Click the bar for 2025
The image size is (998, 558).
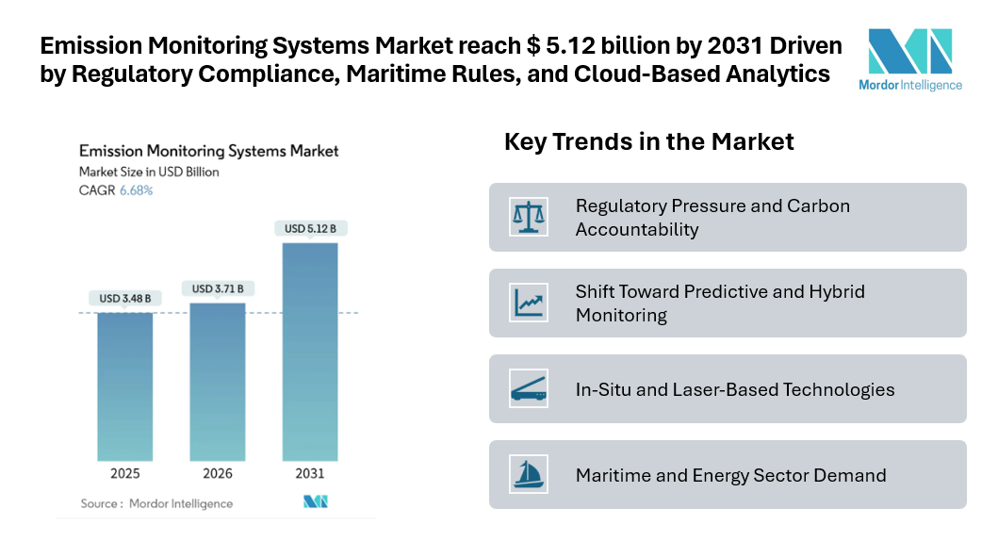pyautogui.click(x=125, y=386)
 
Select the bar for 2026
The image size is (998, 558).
pyautogui.click(x=218, y=382)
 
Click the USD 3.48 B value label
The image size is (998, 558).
pyautogui.click(x=125, y=299)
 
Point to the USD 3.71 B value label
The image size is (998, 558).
pyautogui.click(x=218, y=288)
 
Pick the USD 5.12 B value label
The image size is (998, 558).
pyautogui.click(x=310, y=228)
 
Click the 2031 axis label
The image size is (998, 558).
pyautogui.click(x=310, y=472)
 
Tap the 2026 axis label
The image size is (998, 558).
pyautogui.click(x=218, y=472)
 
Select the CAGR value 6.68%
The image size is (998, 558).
pyautogui.click(x=136, y=190)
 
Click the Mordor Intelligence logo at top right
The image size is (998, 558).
pyautogui.click(x=909, y=58)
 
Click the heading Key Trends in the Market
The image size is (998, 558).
pyautogui.click(x=649, y=141)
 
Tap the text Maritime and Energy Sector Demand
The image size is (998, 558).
pyautogui.click(x=730, y=475)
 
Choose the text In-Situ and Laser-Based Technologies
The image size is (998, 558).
pyautogui.click(x=735, y=389)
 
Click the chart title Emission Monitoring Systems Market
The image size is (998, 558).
pyautogui.click(x=208, y=151)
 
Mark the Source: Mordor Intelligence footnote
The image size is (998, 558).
pyautogui.click(x=156, y=503)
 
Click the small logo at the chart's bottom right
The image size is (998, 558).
pyautogui.click(x=315, y=501)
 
